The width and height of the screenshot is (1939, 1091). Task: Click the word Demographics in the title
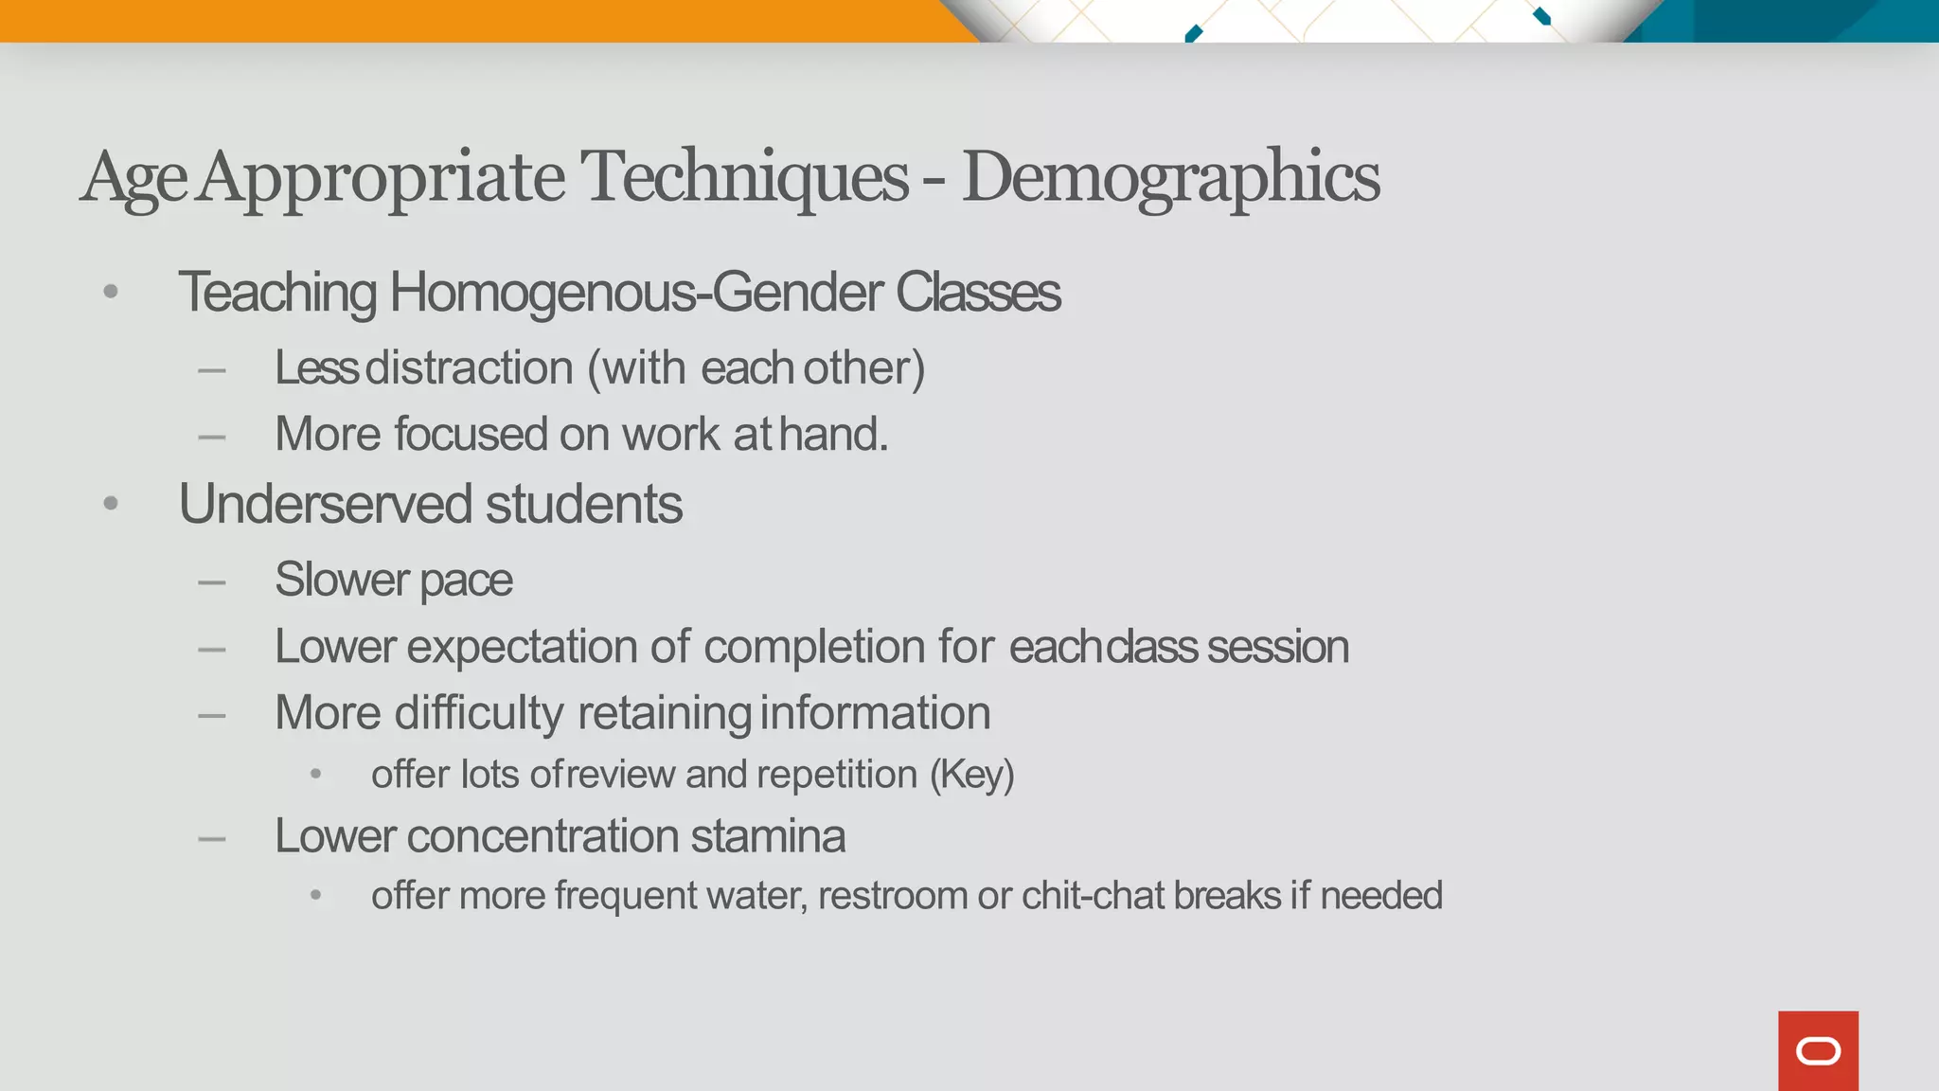coord(1170,177)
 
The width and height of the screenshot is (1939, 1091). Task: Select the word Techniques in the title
coord(744,177)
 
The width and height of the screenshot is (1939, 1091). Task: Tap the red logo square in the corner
coord(1818,1050)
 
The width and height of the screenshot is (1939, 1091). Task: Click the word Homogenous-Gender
coord(636,293)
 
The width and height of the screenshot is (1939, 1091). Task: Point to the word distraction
coord(469,367)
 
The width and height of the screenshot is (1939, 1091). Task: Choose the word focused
coord(471,435)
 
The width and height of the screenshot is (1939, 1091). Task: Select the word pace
coord(466,580)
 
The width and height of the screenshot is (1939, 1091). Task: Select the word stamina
coord(768,836)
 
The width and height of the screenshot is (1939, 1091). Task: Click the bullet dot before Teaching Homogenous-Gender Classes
coord(111,292)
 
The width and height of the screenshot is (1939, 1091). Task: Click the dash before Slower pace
coord(212,581)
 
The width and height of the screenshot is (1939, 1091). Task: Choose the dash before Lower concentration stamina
coord(212,838)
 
